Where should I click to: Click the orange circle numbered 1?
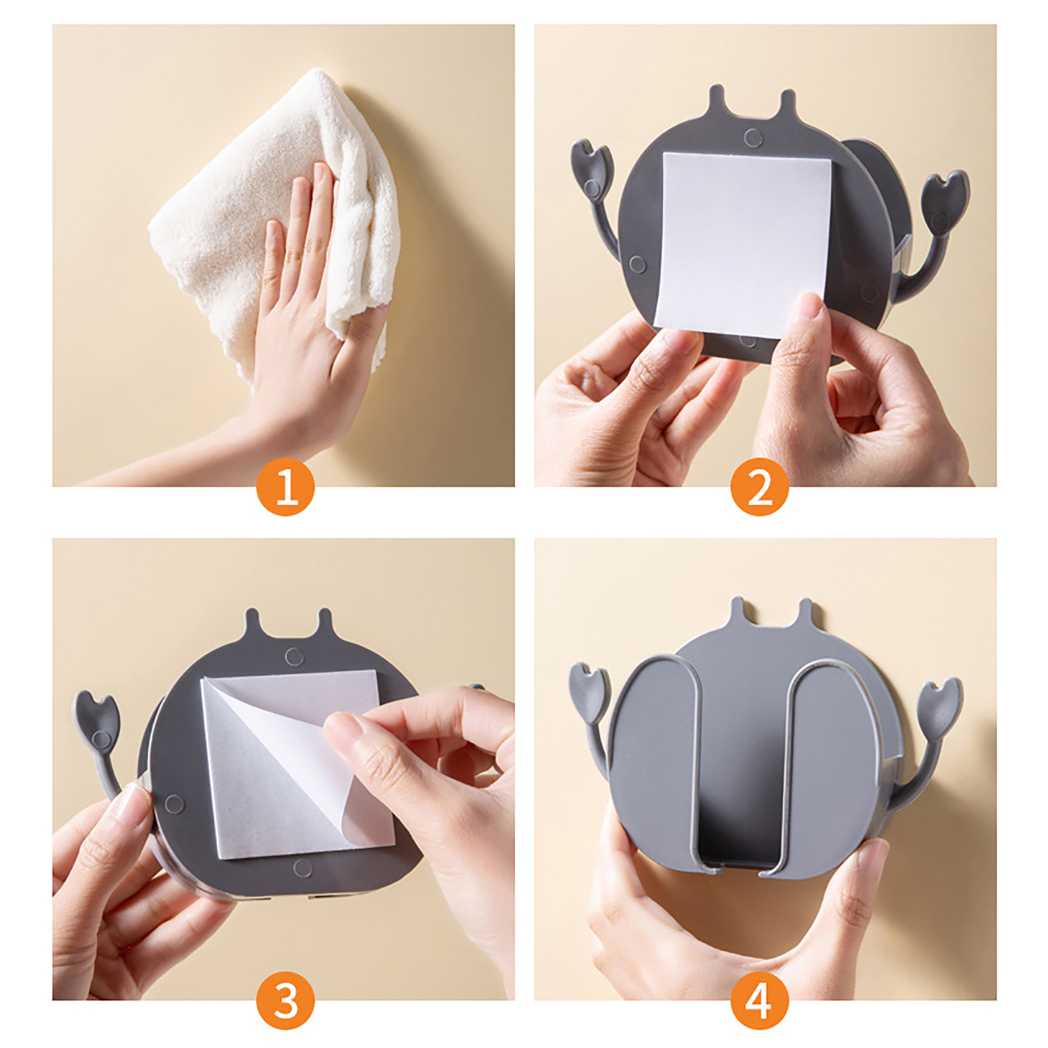285,487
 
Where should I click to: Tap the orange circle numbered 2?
760,487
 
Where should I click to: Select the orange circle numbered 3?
285,1000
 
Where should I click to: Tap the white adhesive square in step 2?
743,242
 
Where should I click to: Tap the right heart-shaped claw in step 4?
940,707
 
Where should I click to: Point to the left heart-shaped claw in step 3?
96,720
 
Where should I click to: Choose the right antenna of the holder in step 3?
325,626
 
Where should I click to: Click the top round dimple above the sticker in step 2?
753,138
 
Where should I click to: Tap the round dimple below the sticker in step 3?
303,869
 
